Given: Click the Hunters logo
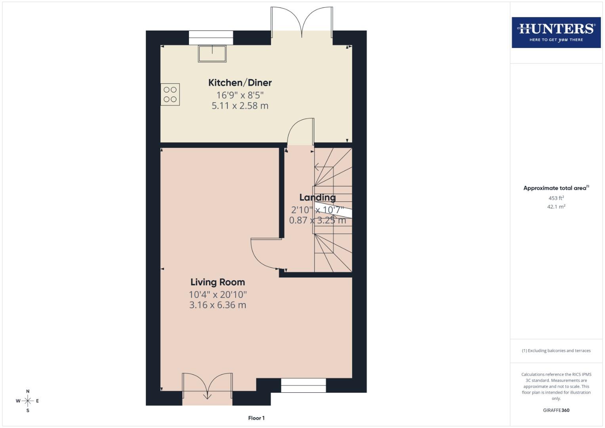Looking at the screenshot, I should [556, 32].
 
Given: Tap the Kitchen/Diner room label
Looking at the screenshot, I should [240, 83].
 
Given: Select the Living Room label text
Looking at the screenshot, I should [218, 282].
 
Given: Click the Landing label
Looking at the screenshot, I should [317, 197].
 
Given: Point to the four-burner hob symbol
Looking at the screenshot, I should [170, 94].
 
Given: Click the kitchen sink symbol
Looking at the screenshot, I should [212, 54].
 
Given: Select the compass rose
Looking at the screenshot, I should [28, 401].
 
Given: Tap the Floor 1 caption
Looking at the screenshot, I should [256, 418].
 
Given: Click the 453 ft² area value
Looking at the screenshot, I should [556, 198].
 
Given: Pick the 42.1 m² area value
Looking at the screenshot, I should [556, 206].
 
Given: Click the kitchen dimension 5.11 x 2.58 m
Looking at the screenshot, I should [240, 106].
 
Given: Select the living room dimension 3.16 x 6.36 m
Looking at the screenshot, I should [218, 305].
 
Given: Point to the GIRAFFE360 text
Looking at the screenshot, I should [556, 410].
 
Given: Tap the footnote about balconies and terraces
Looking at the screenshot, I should [556, 351].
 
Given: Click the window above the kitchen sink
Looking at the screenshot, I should [211, 38].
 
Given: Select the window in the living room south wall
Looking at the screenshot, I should [303, 385].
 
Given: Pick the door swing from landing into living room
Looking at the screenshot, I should [265, 254].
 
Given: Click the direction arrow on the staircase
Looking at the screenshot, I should [317, 167].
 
